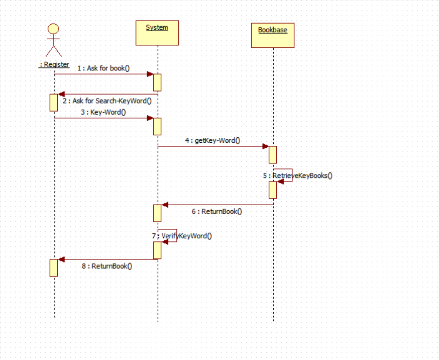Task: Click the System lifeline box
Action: tap(157, 33)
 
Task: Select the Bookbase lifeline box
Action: tap(273, 35)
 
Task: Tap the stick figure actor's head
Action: tap(53, 29)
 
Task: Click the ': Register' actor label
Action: tap(54, 64)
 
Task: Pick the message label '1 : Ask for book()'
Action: tap(103, 68)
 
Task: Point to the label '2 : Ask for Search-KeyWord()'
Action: tap(107, 101)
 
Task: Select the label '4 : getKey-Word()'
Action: tap(212, 140)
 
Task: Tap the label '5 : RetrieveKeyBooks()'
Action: tap(298, 175)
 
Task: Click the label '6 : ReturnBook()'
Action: tap(216, 211)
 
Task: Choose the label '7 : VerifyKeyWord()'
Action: tap(182, 235)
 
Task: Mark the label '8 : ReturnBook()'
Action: tap(107, 266)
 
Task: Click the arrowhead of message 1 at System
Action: tap(150, 74)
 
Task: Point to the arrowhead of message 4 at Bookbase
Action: tap(265, 146)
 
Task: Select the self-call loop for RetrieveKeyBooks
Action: tap(284, 174)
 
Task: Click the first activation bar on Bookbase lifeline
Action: tap(273, 154)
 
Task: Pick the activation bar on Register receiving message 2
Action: tap(54, 103)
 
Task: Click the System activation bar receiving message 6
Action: tap(157, 213)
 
